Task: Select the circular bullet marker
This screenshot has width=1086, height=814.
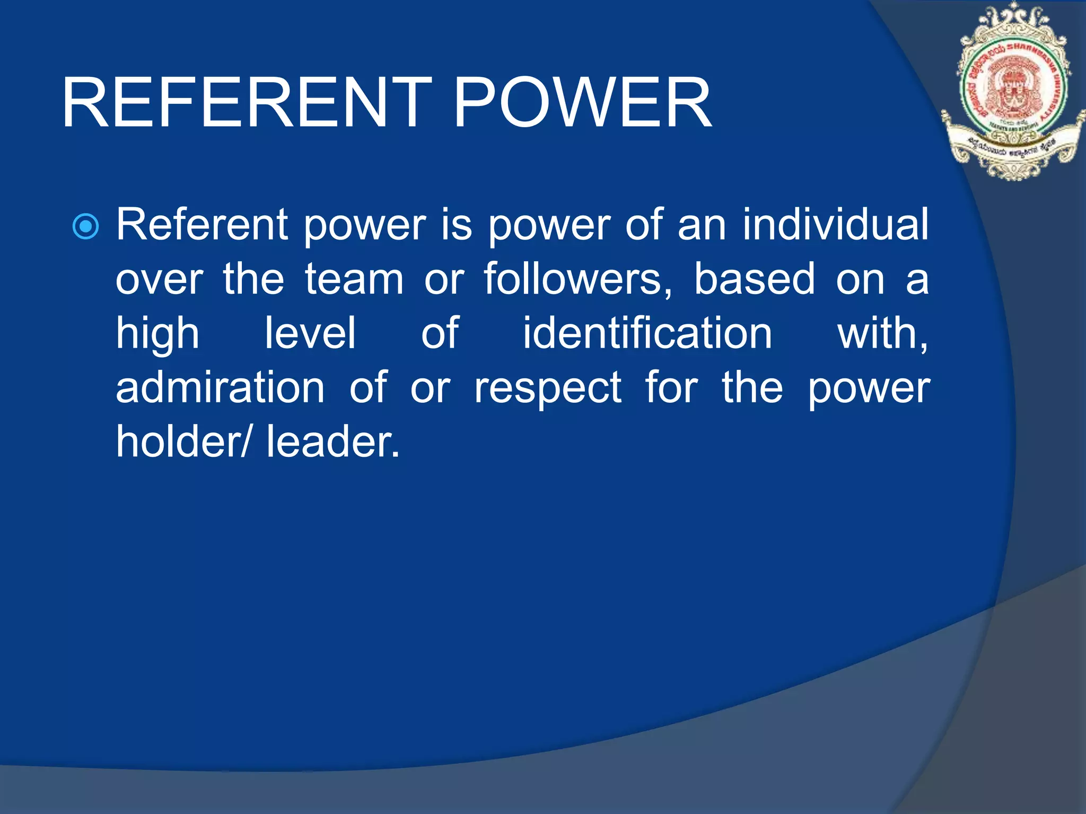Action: (x=85, y=227)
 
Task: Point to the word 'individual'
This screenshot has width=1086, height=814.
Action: (x=835, y=225)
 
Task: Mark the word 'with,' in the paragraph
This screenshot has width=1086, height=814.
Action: (x=882, y=334)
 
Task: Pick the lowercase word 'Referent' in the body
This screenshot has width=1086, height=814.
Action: (x=202, y=225)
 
